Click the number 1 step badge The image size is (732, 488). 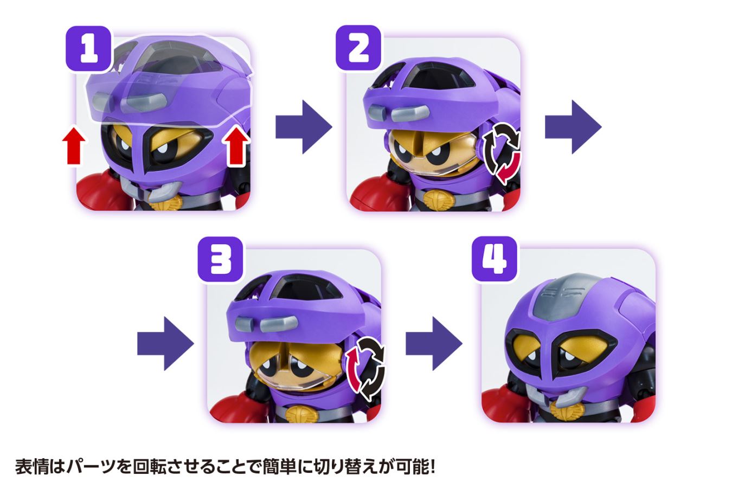[x=88, y=48]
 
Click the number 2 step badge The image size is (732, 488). [x=358, y=48]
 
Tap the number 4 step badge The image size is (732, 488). [x=494, y=259]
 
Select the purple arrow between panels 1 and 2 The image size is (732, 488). [x=303, y=127]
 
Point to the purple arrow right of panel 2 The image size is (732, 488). [x=573, y=127]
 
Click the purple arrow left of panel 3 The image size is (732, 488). [x=165, y=344]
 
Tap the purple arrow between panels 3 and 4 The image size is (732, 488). [x=434, y=344]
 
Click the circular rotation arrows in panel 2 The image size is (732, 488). [x=502, y=153]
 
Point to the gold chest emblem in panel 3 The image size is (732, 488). [x=302, y=415]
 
